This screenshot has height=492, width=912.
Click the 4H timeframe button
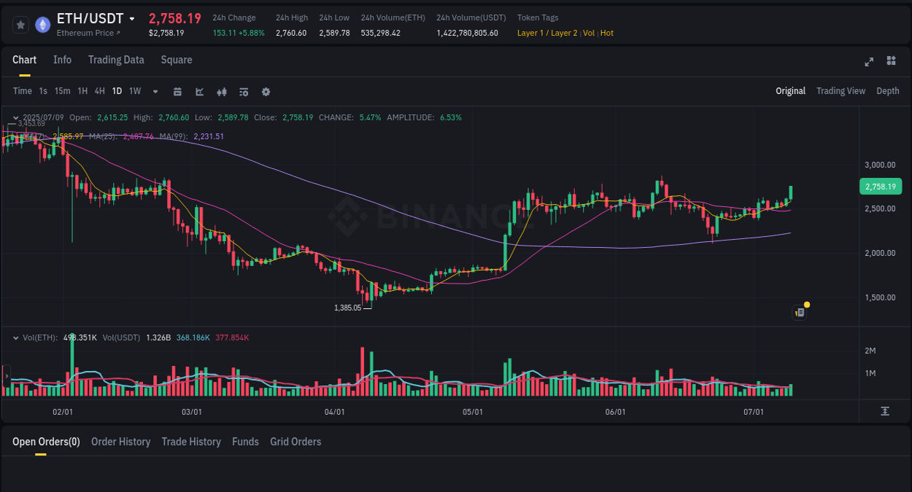click(x=100, y=91)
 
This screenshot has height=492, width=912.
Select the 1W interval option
click(x=135, y=91)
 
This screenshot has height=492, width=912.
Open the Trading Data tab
click(x=116, y=60)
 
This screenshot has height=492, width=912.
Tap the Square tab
click(x=177, y=60)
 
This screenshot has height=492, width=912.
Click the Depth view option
click(x=887, y=91)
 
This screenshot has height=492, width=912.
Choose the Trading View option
click(x=840, y=91)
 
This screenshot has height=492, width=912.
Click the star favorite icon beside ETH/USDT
click(x=21, y=25)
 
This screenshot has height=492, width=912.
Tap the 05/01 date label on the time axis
click(x=473, y=412)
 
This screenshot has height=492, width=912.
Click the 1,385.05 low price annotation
click(x=347, y=308)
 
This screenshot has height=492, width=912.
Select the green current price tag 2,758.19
click(x=881, y=187)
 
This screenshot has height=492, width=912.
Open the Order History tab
click(x=120, y=442)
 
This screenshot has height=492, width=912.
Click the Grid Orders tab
click(x=295, y=442)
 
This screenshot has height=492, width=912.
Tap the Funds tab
click(x=245, y=442)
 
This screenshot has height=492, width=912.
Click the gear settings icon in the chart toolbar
click(x=266, y=92)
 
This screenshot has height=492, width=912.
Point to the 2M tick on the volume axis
click(x=870, y=351)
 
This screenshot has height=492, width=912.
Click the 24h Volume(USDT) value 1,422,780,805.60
click(x=467, y=33)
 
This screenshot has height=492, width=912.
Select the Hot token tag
click(x=607, y=33)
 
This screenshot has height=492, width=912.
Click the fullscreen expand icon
click(x=869, y=61)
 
